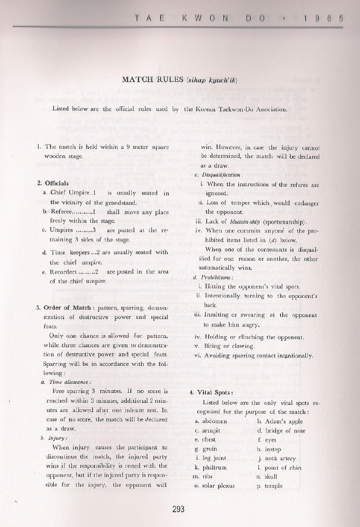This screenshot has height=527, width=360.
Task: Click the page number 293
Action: [178, 509]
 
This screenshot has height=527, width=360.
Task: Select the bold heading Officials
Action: [57, 183]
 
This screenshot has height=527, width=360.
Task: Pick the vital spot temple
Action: [273, 486]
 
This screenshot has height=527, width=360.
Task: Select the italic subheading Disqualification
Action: [222, 175]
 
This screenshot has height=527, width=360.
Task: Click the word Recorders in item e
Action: [63, 272]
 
